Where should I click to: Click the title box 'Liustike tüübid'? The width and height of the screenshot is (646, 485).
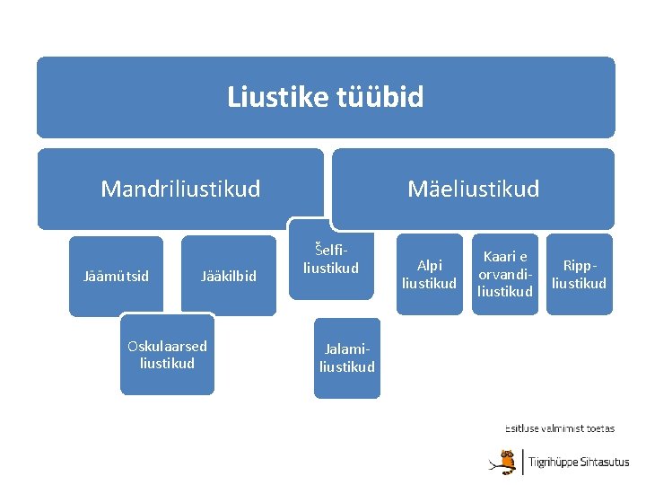pos(326,97)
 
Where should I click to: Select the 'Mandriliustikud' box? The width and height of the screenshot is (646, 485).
pos(180,189)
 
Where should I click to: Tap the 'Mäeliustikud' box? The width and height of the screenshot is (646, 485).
pos(473,189)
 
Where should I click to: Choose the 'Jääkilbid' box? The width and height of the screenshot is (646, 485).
pos(229,276)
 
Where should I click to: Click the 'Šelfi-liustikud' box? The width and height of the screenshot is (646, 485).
pos(331,260)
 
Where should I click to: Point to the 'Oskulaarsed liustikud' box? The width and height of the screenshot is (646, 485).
pos(167,355)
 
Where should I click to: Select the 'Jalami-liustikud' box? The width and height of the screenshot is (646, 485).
pos(347,357)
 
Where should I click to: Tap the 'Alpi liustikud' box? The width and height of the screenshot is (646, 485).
pos(429,275)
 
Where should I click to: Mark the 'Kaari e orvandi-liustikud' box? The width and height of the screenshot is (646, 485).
pos(505,275)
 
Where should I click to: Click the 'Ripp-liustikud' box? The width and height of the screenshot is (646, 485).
pos(579,275)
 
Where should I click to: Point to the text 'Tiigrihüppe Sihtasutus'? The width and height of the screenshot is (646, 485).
pos(578,463)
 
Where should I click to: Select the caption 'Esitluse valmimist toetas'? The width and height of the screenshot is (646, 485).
pos(559,429)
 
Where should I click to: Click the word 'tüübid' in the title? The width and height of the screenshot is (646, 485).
pos(380,97)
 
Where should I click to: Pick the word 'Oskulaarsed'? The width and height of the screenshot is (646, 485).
pos(167,347)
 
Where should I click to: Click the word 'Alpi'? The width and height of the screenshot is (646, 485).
pos(429,266)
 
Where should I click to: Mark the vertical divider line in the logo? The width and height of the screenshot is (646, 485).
pos(522,462)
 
